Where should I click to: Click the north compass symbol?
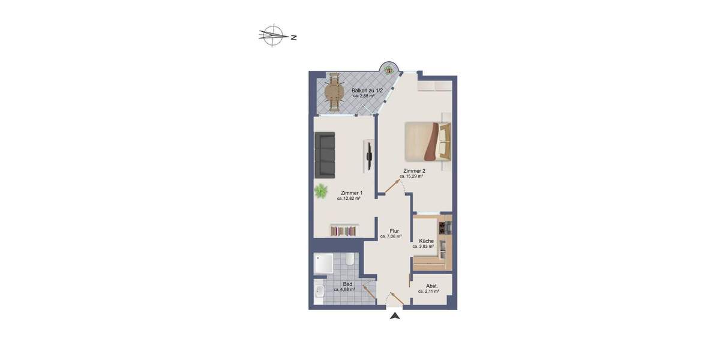[x=274, y=35]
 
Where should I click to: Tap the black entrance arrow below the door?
[x=394, y=316]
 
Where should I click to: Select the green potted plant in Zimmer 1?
[x=321, y=191]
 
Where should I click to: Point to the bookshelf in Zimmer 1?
[x=344, y=230]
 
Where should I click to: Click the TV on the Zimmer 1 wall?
[x=370, y=155]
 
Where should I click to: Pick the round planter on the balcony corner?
[x=389, y=68]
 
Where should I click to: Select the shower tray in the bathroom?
[x=324, y=265]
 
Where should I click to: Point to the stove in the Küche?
[x=445, y=227]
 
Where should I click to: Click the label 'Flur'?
[x=394, y=231]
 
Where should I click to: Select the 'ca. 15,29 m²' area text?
[x=412, y=176]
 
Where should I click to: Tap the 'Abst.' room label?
[x=432, y=286]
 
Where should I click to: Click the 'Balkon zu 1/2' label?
[x=364, y=91]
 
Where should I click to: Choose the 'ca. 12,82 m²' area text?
[x=349, y=199]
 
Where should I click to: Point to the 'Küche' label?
[x=426, y=241]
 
